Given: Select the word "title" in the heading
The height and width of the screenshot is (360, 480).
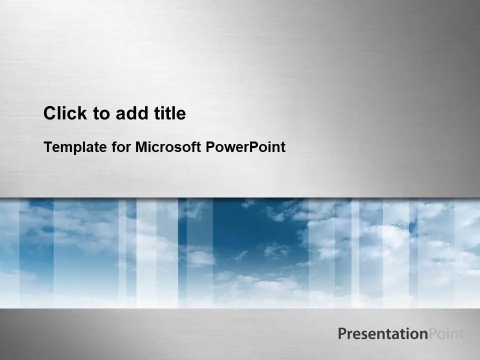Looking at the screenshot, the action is click(x=170, y=113).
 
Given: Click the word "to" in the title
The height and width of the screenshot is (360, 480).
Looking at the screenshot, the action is click(x=101, y=114).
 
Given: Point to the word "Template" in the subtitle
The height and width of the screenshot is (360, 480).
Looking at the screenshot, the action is click(x=75, y=147).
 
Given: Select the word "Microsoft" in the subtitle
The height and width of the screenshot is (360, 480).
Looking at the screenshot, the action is click(x=168, y=146).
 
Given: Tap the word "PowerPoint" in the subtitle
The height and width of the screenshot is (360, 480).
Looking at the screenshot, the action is click(x=245, y=146).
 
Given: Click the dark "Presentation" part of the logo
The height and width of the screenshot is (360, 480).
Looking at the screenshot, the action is click(x=383, y=333).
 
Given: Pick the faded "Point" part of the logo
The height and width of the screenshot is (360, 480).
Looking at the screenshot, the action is click(x=446, y=333).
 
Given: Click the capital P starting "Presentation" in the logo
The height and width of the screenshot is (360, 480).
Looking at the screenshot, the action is click(x=342, y=333).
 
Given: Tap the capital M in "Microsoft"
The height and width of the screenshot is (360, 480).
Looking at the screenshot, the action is click(x=141, y=147).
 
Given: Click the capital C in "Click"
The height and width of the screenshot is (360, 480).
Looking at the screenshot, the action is click(x=50, y=113).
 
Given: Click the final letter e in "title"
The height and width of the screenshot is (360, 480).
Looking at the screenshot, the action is click(x=181, y=115).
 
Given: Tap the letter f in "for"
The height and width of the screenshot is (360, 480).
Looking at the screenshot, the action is click(x=114, y=146).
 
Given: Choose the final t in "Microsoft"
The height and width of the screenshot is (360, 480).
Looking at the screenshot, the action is click(x=198, y=147).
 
